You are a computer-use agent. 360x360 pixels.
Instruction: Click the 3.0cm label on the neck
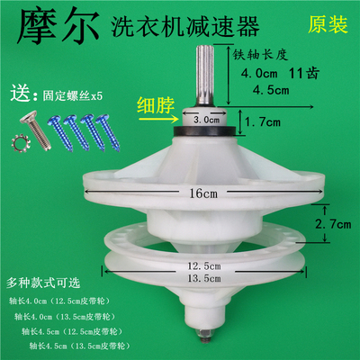tap(209, 117)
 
